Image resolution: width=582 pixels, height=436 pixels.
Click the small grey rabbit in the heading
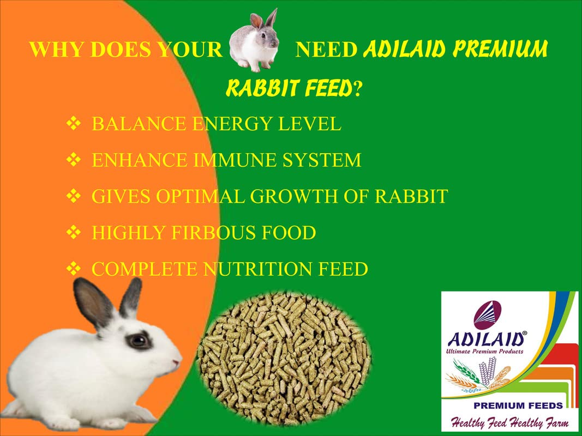point(254,41)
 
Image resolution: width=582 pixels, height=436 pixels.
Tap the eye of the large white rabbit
point(139,340)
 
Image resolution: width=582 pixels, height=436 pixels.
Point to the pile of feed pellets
point(284,359)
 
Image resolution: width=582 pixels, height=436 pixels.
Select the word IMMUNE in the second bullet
point(235,160)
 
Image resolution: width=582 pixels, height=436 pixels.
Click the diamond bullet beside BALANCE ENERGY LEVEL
point(74,124)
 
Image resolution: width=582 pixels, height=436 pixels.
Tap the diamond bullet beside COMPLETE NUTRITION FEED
point(74,269)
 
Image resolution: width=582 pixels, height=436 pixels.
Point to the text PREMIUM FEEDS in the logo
point(518,405)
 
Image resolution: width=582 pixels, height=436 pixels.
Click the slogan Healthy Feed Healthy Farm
point(509,422)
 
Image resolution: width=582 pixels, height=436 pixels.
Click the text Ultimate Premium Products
point(484,352)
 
